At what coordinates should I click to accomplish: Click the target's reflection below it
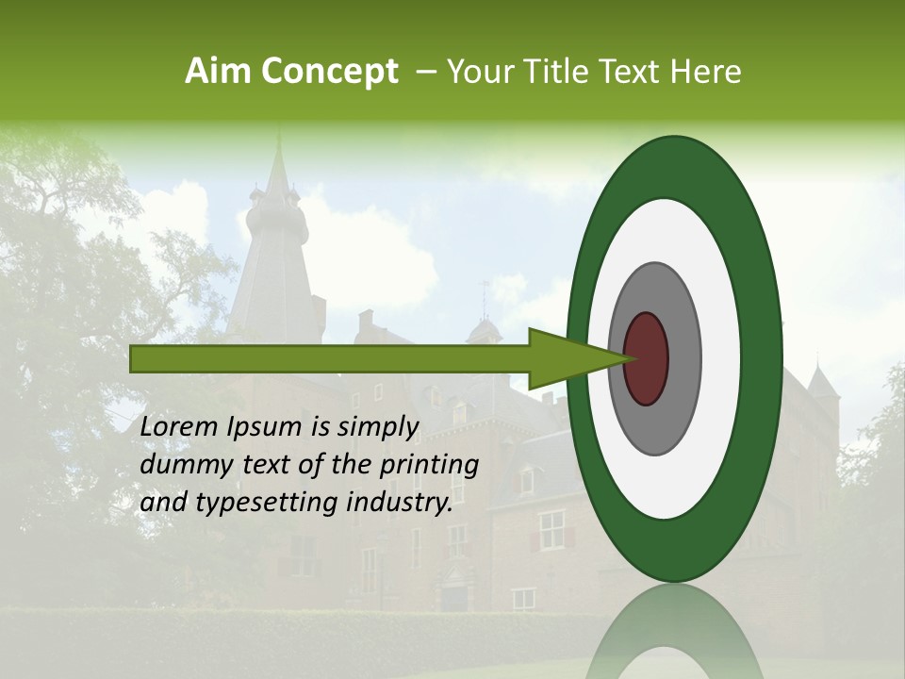point(674,637)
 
